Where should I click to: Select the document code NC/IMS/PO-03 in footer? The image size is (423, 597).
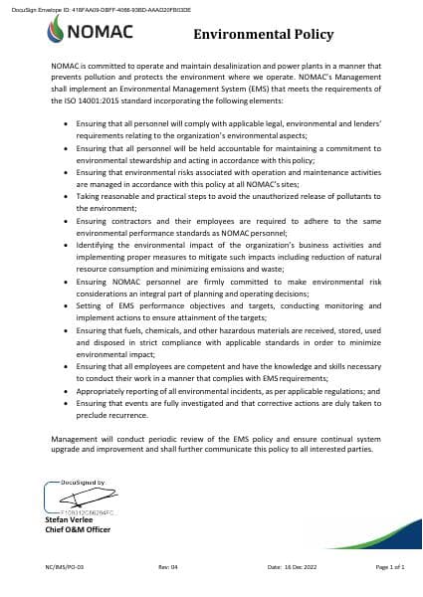(64, 567)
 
